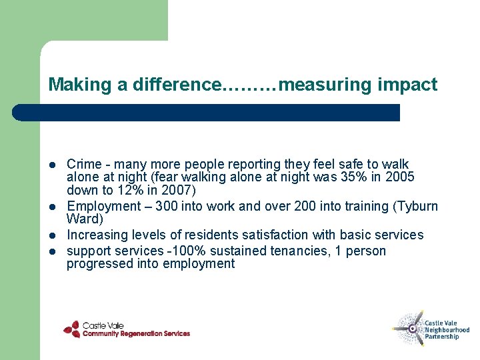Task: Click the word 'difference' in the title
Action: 176,85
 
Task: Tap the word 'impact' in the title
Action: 407,85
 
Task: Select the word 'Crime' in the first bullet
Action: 84,164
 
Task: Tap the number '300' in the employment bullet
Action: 165,206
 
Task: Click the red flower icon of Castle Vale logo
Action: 72,329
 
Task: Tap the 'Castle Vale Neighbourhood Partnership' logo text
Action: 447,330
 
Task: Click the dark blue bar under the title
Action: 207,113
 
